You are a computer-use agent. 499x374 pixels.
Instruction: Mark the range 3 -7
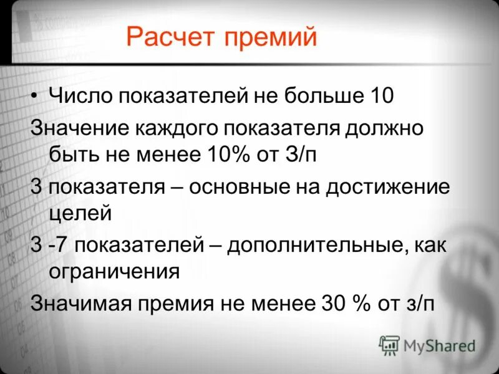(x=52, y=245)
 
